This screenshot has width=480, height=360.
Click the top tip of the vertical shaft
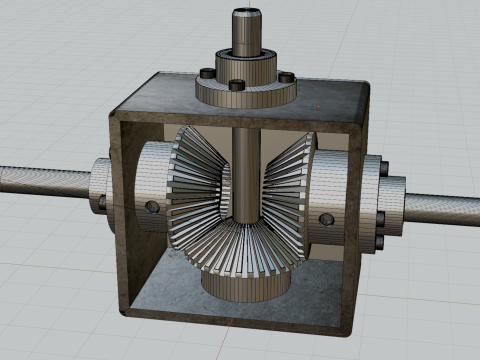pyautogui.click(x=245, y=13)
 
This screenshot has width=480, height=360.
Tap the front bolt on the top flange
pyautogui.click(x=236, y=85)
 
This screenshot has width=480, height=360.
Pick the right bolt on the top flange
pyautogui.click(x=286, y=76)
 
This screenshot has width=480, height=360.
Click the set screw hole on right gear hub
pyautogui.click(x=325, y=218)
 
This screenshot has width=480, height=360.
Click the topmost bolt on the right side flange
pyautogui.click(x=382, y=165)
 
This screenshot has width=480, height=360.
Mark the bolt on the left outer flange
pyautogui.click(x=103, y=203)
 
